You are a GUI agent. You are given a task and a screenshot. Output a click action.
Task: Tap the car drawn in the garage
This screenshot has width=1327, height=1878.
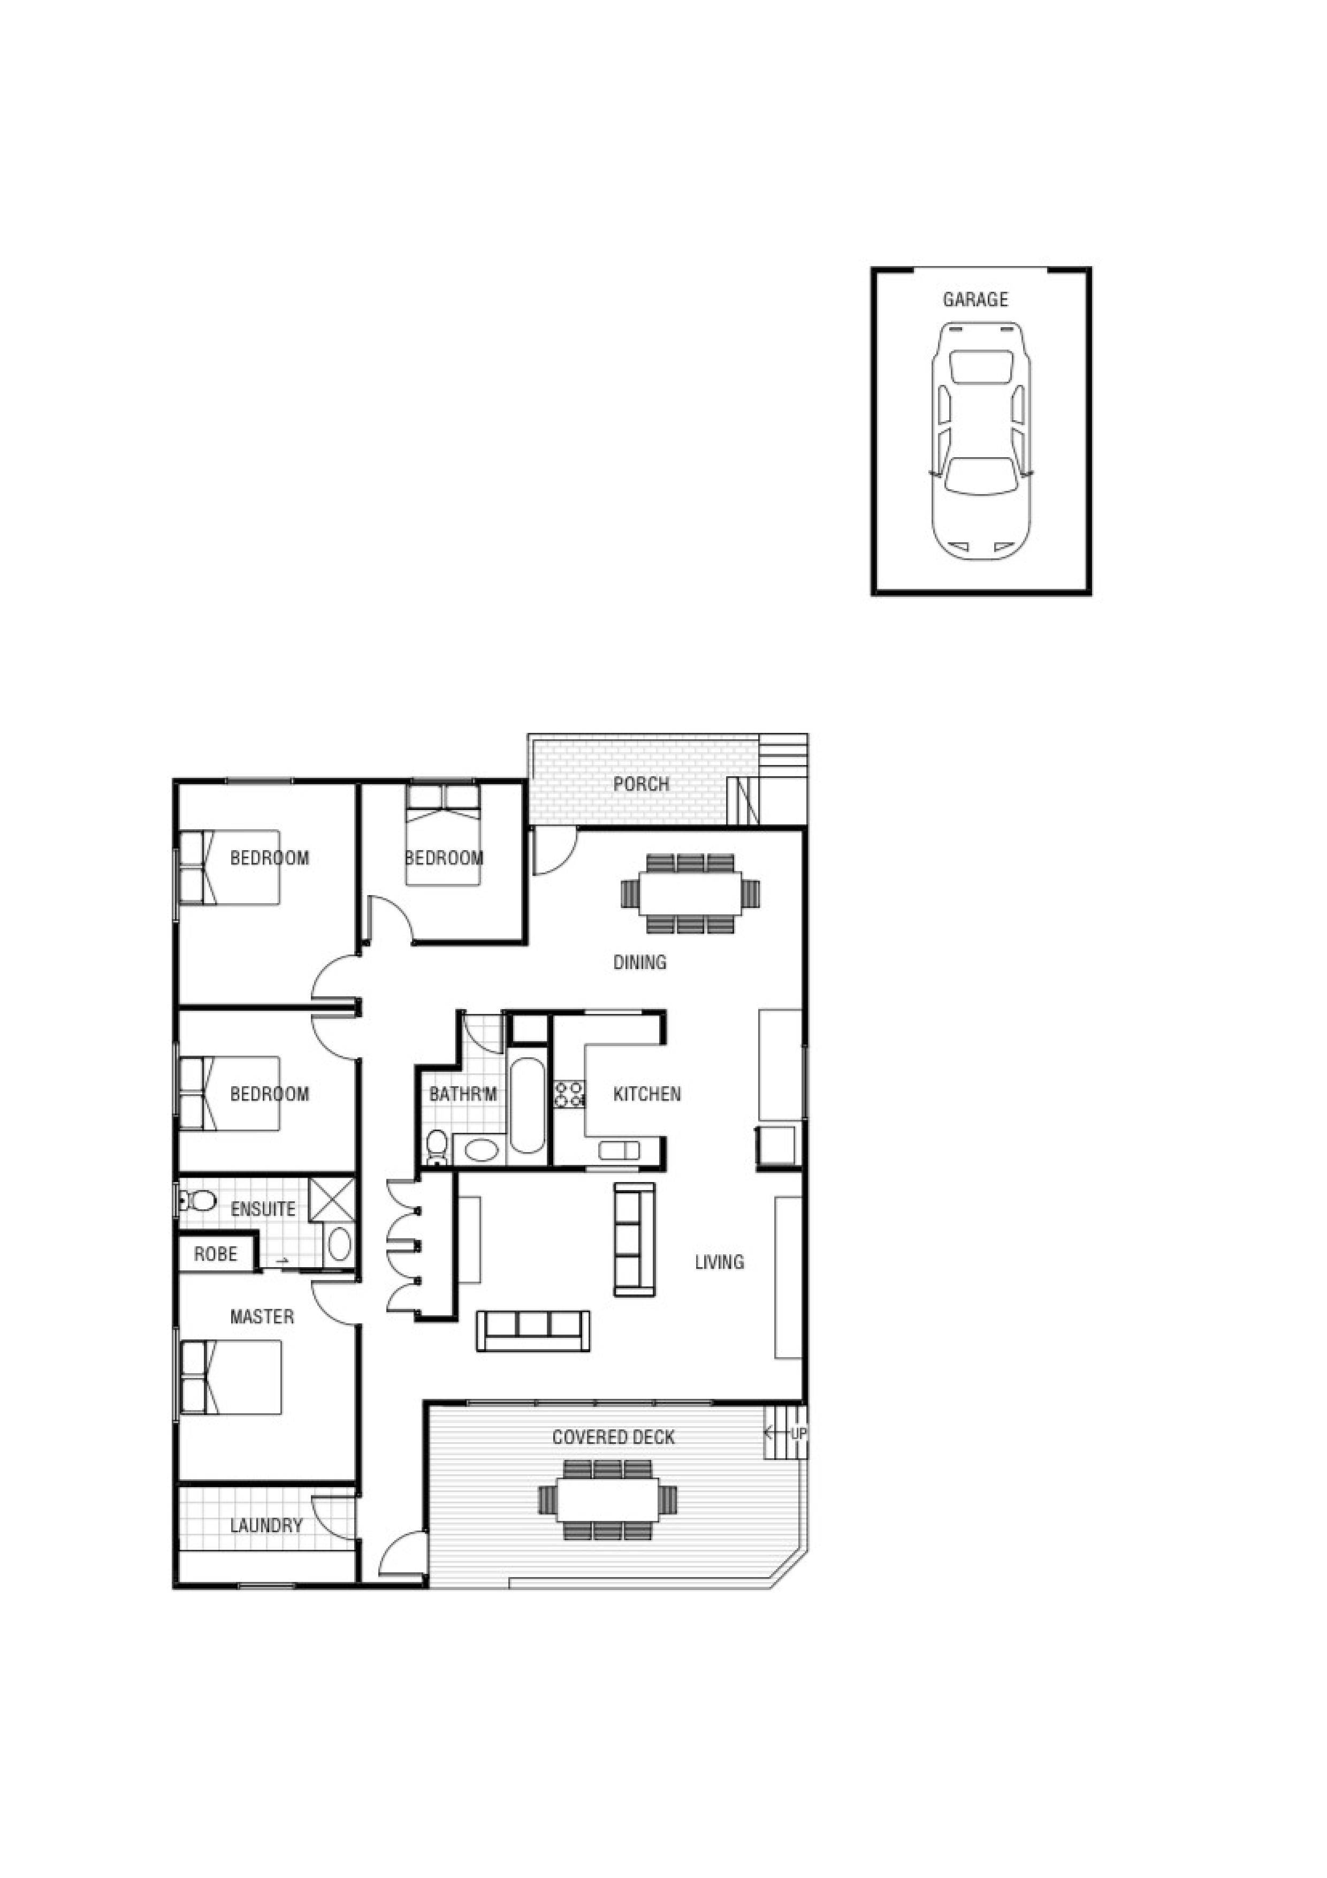981,442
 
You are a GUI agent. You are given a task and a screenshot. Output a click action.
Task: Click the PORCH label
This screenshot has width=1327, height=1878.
641,784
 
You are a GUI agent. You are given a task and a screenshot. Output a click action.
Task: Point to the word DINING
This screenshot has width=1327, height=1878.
639,962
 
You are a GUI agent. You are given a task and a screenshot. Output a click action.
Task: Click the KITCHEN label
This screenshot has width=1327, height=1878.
647,1094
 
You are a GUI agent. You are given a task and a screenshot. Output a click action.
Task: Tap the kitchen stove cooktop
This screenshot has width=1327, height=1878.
569,1094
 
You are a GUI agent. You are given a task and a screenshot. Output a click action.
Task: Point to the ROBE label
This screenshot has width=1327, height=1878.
216,1254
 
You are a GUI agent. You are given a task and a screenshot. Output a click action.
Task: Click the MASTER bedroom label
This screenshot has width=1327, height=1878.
262,1317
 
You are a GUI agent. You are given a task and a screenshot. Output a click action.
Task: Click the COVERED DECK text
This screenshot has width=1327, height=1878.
613,1437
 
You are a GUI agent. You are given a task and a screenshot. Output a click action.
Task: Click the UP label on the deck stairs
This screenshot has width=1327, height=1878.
798,1434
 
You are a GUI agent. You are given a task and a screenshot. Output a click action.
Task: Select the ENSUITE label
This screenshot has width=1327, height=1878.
262,1209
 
